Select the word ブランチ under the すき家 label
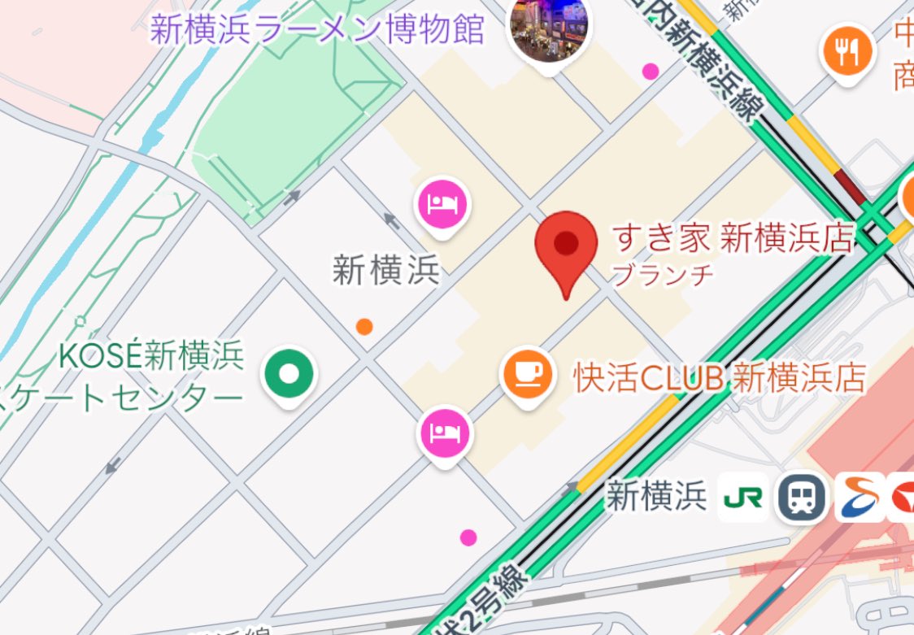[662, 274]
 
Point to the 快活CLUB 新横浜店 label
[719, 378]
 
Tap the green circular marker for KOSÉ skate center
[289, 374]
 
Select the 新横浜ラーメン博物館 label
[317, 31]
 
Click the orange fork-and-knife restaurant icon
[848, 51]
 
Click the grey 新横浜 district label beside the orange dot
[386, 269]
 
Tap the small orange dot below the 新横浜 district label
[364, 327]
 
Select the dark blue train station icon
[802, 497]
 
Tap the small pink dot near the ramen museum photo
[650, 72]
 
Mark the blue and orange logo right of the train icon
[859, 497]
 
